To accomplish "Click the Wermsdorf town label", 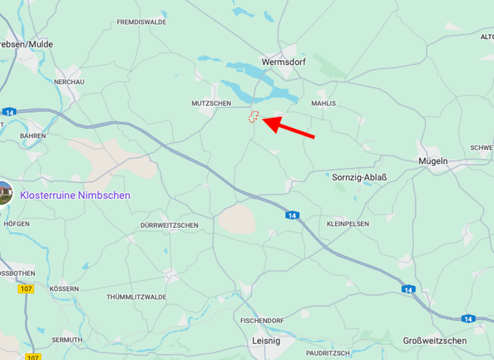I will [x=284, y=62].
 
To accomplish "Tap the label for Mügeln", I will [x=433, y=161].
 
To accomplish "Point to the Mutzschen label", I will [x=211, y=103].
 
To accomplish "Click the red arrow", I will [x=289, y=127].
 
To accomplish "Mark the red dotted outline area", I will [x=254, y=116].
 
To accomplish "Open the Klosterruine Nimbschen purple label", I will [x=75, y=195].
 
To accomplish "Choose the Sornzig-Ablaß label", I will [x=360, y=177].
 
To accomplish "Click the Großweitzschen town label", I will [x=435, y=340].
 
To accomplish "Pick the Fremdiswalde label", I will [x=142, y=22].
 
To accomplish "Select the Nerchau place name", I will [x=69, y=82].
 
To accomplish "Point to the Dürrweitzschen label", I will [x=169, y=226].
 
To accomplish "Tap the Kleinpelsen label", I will [x=348, y=224].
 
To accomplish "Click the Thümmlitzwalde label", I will [x=136, y=297].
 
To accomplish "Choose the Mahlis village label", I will [x=324, y=103].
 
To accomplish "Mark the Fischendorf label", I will [x=262, y=320].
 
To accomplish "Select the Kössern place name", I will [x=64, y=289].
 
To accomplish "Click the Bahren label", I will [x=33, y=136].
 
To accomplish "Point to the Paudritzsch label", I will [x=328, y=353].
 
